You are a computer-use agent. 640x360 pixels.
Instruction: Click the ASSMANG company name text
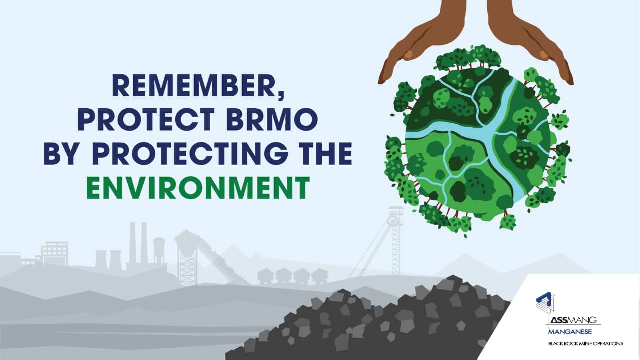pos(575,320)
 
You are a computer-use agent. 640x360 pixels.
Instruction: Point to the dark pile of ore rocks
pos(380,320)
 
